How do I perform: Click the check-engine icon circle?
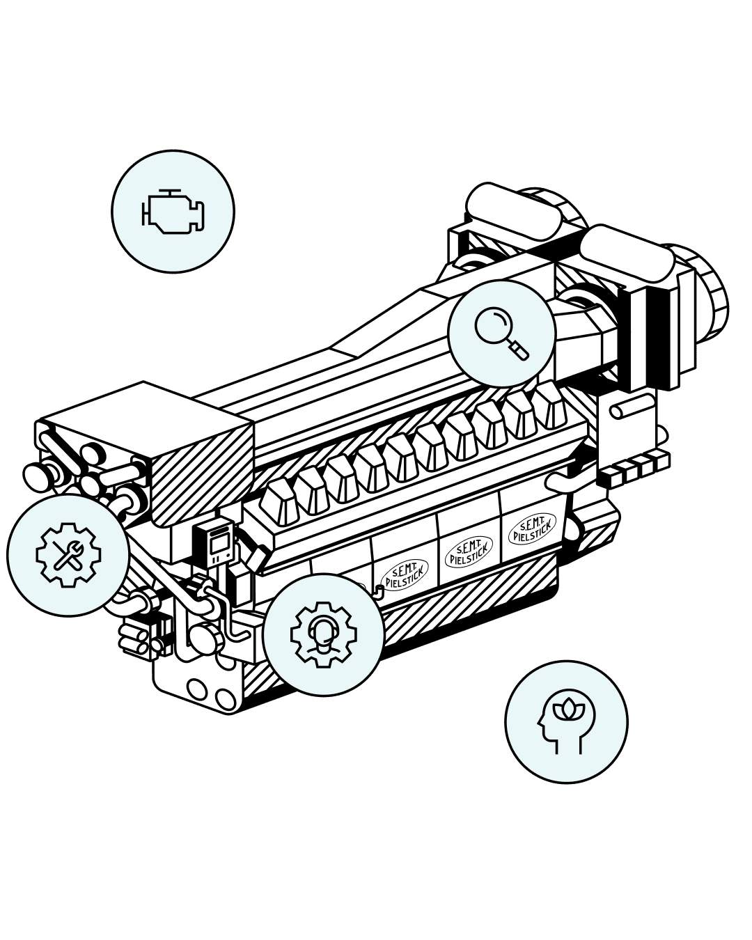pyautogui.click(x=173, y=211)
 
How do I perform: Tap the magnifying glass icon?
pyautogui.click(x=501, y=334)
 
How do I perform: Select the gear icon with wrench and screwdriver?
pyautogui.click(x=68, y=555)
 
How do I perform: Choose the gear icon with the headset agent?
pyautogui.click(x=323, y=634)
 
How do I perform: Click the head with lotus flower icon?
pyautogui.click(x=566, y=721)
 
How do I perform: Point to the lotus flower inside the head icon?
pyautogui.click(x=570, y=708)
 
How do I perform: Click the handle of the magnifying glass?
pyautogui.click(x=519, y=350)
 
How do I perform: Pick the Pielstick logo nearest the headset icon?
pyautogui.click(x=406, y=573)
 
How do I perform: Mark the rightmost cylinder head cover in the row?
pyautogui.click(x=550, y=404)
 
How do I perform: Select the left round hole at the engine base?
pyautogui.click(x=197, y=689)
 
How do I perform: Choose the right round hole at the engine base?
pyautogui.click(x=225, y=698)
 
